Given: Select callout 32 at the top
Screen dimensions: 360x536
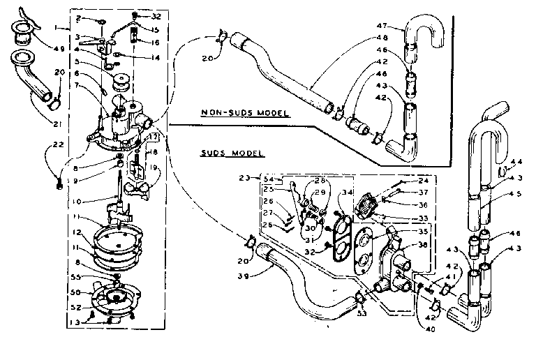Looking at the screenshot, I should click(155, 15).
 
